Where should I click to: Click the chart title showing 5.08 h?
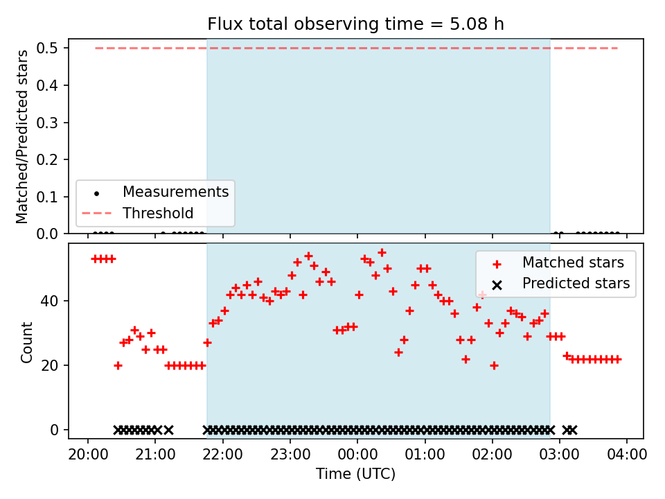pyautogui.click(x=355, y=24)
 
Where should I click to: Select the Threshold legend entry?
pyautogui.click(x=138, y=213)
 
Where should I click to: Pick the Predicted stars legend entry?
pyautogui.click(x=561, y=283)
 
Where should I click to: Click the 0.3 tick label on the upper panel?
pyautogui.click(x=46, y=123)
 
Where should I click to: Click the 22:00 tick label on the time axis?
pyautogui.click(x=222, y=454)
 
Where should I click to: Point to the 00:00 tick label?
pyautogui.click(x=357, y=454)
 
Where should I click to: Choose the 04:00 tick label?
pyautogui.click(x=627, y=454)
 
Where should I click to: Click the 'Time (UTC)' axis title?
pyautogui.click(x=355, y=473)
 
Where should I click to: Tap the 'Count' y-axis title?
pyautogui.click(x=26, y=342)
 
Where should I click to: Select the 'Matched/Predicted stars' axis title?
pyautogui.click(x=22, y=137)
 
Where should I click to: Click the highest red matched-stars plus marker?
pyautogui.click(x=382, y=253)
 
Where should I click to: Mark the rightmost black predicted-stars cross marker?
pyautogui.click(x=573, y=430)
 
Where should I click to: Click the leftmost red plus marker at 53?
pyautogui.click(x=95, y=259)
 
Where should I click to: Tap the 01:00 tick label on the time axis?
pyautogui.click(x=425, y=454)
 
